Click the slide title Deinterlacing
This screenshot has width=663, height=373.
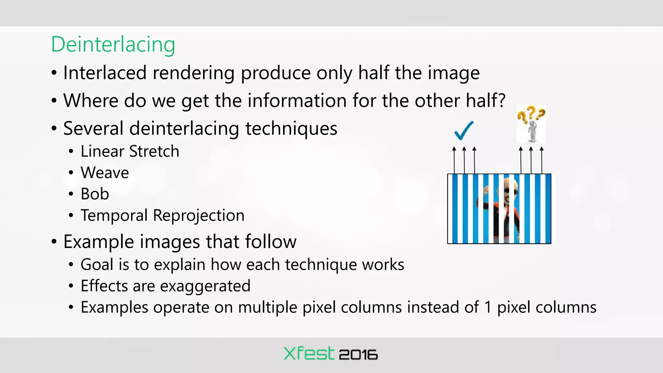click(113, 44)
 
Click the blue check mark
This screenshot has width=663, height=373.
click(464, 130)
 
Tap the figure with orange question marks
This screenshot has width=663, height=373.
click(531, 124)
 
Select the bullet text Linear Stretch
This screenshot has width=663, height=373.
click(130, 151)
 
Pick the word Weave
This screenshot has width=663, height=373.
click(105, 173)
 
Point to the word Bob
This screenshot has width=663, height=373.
click(95, 194)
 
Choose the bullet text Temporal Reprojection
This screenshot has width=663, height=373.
click(162, 215)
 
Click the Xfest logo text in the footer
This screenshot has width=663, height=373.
click(309, 354)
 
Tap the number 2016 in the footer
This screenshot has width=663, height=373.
click(358, 355)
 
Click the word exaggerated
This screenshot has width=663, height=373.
click(205, 286)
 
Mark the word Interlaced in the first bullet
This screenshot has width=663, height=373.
click(105, 73)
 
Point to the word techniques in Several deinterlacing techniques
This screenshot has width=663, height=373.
click(291, 129)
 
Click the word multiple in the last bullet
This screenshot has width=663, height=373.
click(268, 307)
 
